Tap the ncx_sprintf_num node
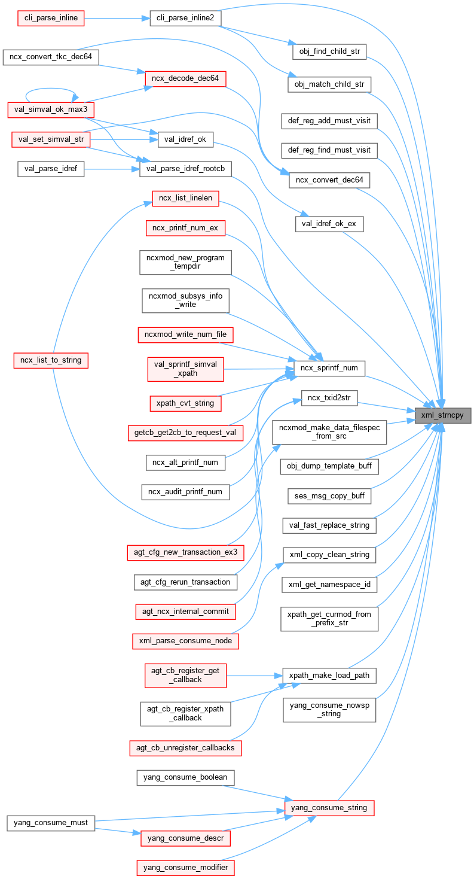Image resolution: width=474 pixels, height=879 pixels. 329,368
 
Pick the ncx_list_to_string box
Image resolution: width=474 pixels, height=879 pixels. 51,360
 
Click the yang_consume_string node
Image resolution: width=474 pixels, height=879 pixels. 329,808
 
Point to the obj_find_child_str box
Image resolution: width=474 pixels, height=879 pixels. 329,51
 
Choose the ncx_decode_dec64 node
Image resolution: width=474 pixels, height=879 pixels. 185,78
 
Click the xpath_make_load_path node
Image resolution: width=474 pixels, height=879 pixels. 329,676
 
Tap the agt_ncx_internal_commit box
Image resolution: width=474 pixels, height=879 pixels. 185,612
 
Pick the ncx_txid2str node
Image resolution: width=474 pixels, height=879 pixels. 329,397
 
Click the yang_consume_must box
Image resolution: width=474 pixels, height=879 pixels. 51,823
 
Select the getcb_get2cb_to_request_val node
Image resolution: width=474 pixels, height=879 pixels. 185,433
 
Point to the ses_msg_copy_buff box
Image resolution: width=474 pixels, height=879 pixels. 329,496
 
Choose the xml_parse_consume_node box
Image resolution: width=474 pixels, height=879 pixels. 185,641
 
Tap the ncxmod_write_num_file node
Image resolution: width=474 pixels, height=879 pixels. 185,334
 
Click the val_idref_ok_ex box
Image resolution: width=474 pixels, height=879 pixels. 329,224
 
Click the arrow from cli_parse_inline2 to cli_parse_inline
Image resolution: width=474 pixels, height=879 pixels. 117,19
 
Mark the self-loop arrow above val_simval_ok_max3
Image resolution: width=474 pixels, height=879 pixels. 50,90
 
